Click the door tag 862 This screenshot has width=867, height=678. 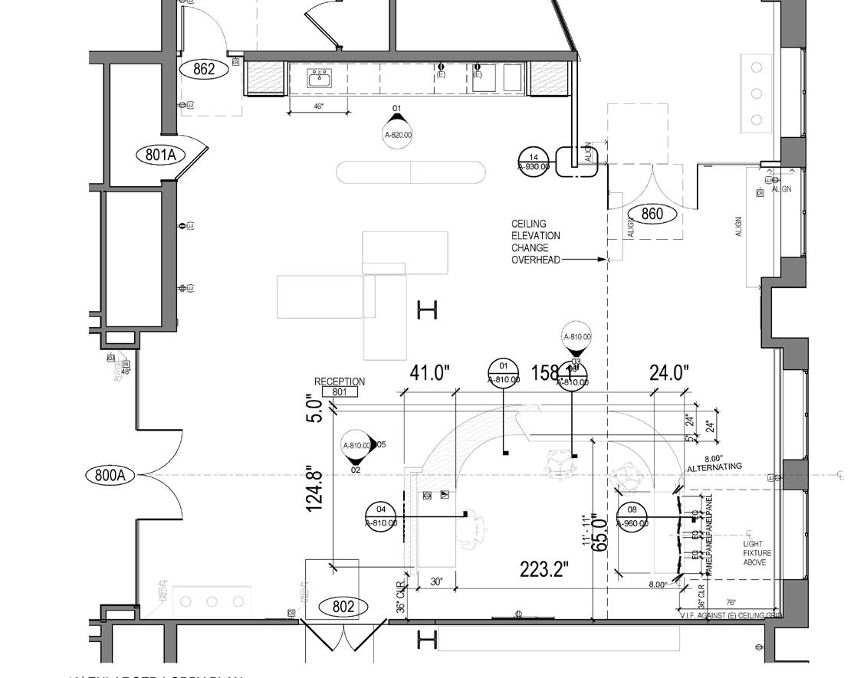204,69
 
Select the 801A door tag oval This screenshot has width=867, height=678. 161,155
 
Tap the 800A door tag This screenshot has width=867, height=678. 110,475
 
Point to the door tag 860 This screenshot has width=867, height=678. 652,214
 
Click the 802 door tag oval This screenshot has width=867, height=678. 343,607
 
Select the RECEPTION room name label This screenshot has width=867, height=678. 340,382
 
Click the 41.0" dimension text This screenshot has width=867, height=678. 429,373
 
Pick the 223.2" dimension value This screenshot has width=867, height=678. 544,569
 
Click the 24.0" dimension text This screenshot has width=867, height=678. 669,373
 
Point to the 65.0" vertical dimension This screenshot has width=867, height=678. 601,534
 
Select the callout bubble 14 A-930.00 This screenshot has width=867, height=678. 534,162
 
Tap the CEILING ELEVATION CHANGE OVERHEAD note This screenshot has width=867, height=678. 536,241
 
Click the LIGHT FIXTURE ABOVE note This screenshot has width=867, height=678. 757,553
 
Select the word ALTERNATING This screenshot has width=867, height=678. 714,467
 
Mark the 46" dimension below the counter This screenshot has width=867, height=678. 319,106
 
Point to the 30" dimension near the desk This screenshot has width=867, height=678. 436,581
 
